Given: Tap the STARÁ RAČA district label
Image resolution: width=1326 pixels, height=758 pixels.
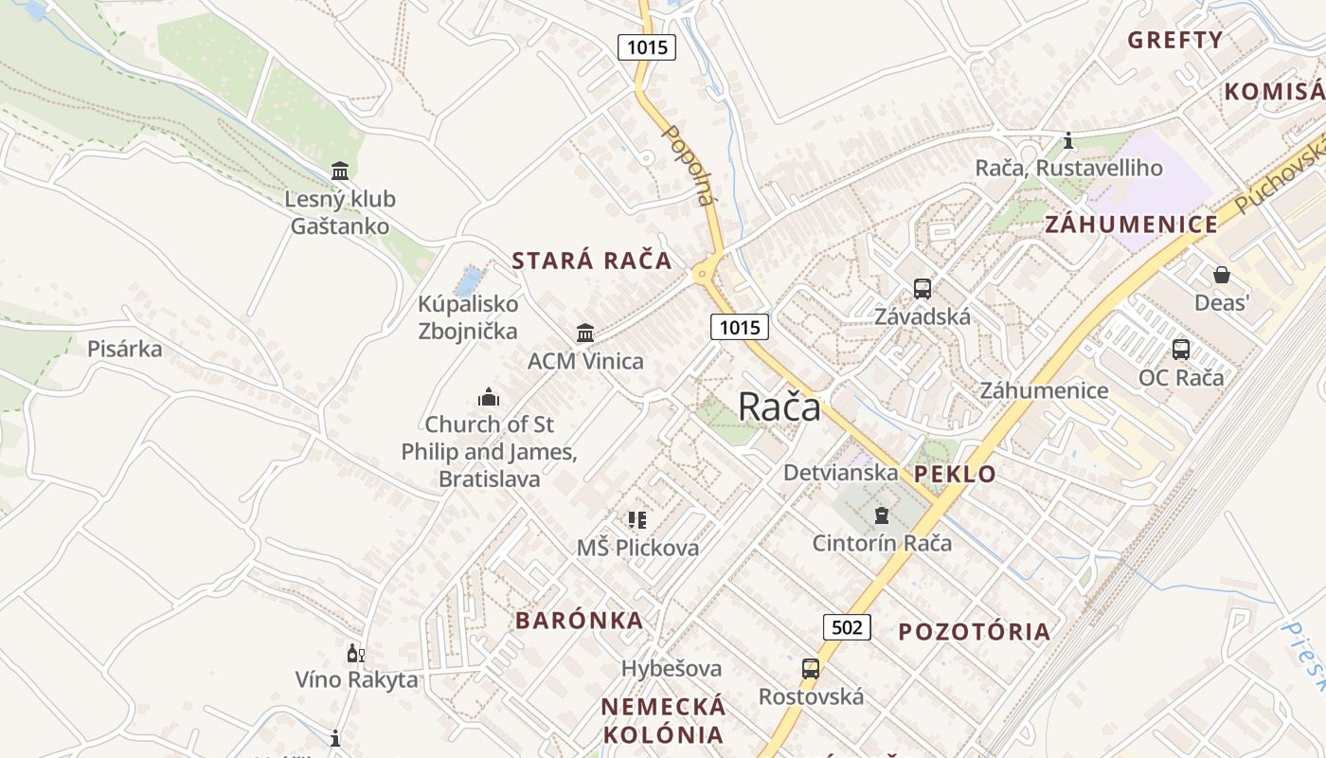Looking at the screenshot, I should point(592,262).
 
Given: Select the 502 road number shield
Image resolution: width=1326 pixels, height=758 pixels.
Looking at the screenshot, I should point(846,626).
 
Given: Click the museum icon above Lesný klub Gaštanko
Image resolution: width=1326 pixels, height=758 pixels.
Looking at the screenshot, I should point(340,171).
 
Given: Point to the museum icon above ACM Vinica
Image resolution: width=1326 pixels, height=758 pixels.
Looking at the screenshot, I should point(585,334).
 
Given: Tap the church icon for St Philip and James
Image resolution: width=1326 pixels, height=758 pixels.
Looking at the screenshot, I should point(489,396).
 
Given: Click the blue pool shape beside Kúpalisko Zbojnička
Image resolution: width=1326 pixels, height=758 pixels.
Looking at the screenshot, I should point(468,280).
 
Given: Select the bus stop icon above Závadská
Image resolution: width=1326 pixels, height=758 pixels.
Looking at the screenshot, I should point(922,289).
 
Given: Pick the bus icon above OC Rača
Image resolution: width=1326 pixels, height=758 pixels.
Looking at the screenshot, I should point(1180,349).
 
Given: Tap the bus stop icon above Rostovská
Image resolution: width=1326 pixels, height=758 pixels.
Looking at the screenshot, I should point(811,669).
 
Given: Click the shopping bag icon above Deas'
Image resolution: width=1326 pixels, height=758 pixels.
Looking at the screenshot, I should point(1222,275).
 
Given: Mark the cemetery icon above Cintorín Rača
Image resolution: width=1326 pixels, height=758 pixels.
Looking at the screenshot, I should point(882,515).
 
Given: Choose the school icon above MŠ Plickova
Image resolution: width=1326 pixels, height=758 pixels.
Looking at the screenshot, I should point(637,519).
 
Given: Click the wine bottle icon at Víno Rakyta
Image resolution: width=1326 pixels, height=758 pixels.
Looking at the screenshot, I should point(355,653).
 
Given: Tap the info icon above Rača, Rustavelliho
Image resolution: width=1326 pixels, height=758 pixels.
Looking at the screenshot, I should point(1068,140).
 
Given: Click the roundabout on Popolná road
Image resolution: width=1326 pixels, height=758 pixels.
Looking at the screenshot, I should point(702,273).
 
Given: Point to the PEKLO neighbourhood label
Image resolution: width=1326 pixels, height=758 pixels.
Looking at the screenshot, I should point(955,475).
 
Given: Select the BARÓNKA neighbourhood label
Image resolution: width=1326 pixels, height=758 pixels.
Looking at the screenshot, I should point(579,621).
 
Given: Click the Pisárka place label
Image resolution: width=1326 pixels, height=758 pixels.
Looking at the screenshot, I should point(124,349).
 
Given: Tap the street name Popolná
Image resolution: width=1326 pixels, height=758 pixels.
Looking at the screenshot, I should point(688,165).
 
